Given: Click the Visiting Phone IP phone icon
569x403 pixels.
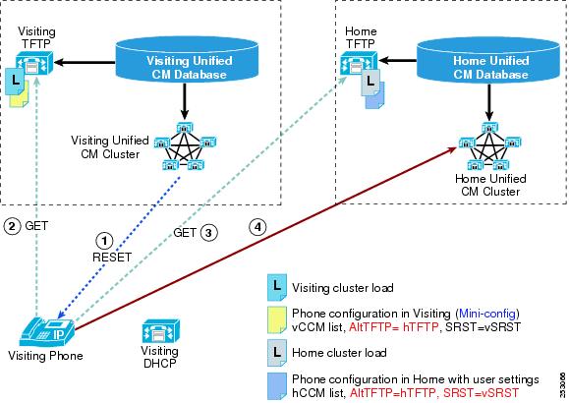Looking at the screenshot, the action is [x=47, y=332].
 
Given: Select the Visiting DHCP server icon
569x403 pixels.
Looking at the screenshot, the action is [x=161, y=331].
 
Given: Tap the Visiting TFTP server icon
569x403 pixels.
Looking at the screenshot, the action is [x=34, y=64].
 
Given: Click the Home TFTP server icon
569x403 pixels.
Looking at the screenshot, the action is [x=359, y=64].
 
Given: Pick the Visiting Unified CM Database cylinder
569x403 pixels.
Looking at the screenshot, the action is [x=187, y=60].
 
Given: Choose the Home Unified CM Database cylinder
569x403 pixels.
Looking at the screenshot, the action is [x=488, y=60].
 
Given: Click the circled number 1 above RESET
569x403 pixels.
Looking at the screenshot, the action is [x=104, y=241].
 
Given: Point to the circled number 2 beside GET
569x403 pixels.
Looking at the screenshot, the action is [x=12, y=226].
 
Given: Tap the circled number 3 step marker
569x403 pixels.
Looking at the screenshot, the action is [x=208, y=233].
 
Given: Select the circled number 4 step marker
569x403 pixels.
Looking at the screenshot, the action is [x=257, y=227].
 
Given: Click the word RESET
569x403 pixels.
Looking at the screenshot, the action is [x=112, y=258].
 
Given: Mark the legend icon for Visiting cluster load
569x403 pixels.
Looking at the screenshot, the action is [x=277, y=288].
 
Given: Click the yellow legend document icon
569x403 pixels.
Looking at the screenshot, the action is [x=277, y=319].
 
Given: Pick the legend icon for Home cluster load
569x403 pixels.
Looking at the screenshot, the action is [x=277, y=353].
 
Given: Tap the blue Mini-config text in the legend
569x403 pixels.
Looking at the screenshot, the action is [x=487, y=314].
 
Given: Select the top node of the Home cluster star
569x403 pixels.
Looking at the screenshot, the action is [x=489, y=128].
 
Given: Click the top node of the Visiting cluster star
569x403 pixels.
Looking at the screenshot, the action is [x=185, y=128].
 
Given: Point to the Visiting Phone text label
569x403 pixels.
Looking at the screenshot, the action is [x=45, y=356].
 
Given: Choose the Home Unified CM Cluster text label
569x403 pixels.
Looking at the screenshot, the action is [x=490, y=185].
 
